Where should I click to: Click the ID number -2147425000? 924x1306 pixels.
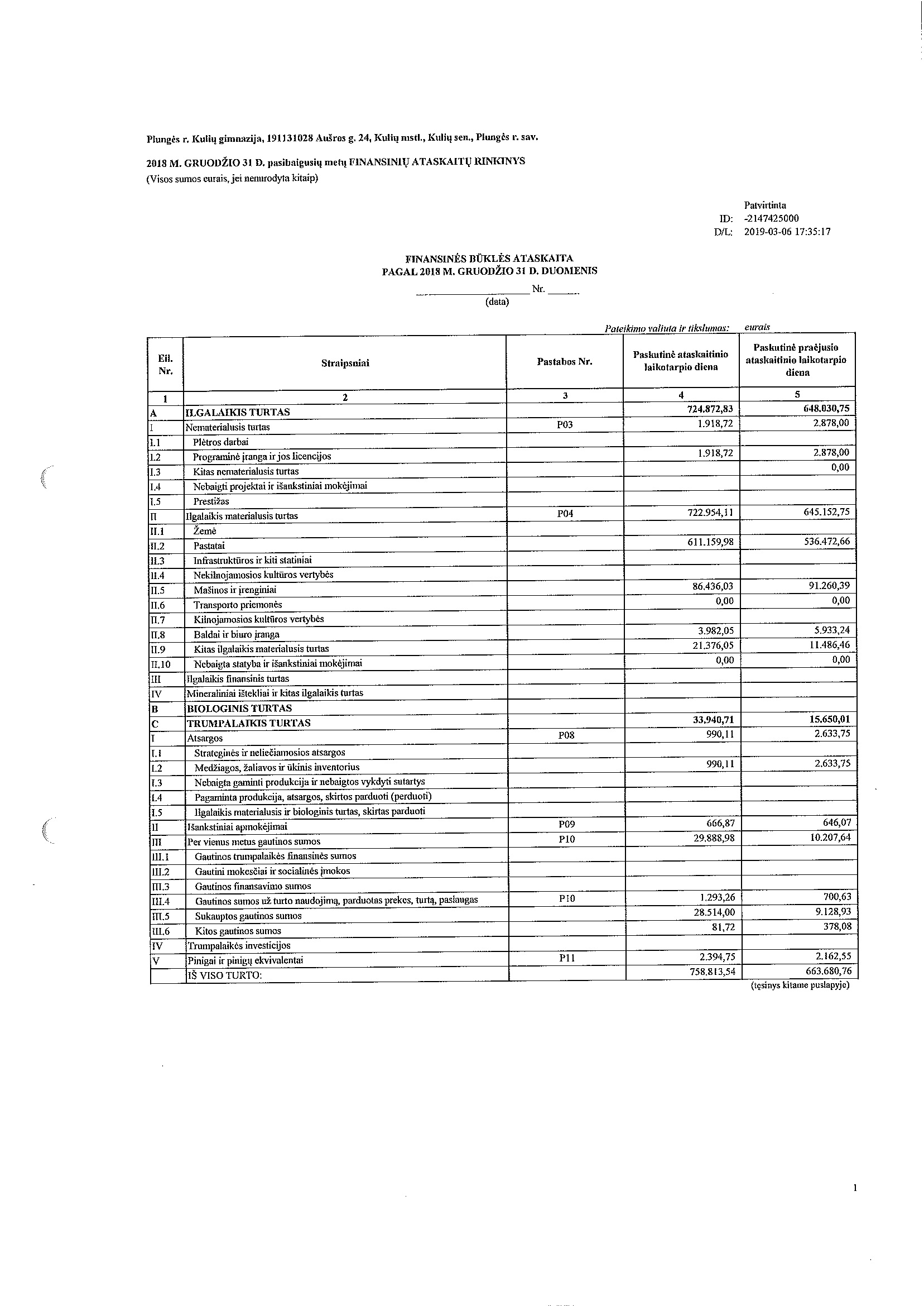pyautogui.click(x=771, y=219)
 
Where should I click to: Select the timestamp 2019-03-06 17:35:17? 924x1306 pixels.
pyautogui.click(x=787, y=232)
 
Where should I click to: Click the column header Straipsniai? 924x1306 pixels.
pyautogui.click(x=345, y=363)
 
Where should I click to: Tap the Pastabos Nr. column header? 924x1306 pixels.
pyautogui.click(x=565, y=362)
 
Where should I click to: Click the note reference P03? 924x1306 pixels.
pyautogui.click(x=565, y=425)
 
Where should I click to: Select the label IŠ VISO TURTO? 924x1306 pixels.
pyautogui.click(x=224, y=975)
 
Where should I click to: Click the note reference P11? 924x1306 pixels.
pyautogui.click(x=567, y=958)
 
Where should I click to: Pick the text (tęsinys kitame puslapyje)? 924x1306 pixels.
pyautogui.click(x=800, y=986)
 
